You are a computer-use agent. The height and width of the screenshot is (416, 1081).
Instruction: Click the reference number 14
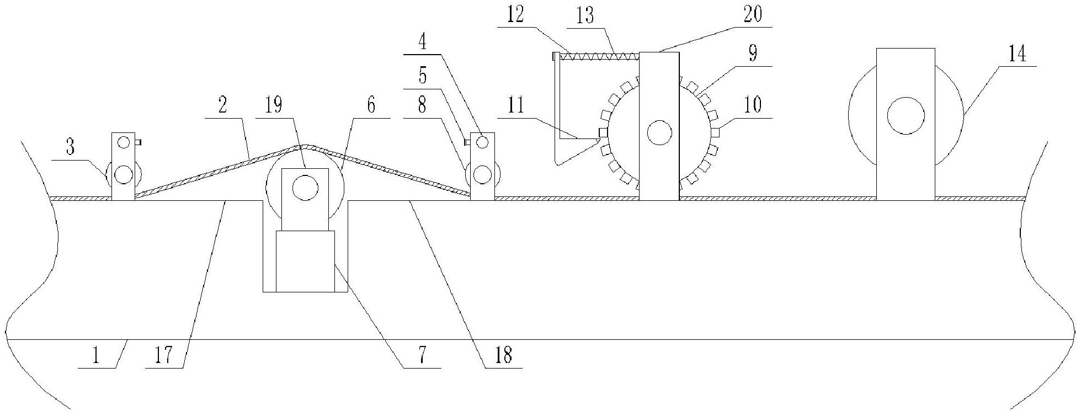(1017, 55)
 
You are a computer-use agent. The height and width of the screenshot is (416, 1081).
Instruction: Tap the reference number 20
(752, 15)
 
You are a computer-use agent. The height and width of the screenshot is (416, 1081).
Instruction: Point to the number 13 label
(584, 16)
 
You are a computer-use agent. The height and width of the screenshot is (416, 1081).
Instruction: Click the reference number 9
(752, 54)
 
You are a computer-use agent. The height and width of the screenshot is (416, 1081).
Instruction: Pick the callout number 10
(753, 104)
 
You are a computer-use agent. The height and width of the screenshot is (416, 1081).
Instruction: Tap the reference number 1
(95, 356)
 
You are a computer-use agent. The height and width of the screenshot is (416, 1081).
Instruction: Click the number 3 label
(71, 148)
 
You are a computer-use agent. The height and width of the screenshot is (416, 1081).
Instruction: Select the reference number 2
(222, 105)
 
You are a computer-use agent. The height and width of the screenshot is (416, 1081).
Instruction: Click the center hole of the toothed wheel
(659, 133)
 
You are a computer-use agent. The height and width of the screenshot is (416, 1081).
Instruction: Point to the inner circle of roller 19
(305, 188)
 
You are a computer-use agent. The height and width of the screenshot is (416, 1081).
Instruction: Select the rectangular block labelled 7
(305, 260)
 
